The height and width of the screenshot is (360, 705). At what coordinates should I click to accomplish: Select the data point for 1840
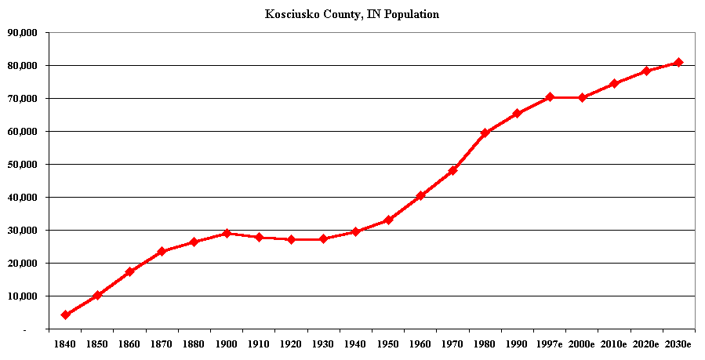click(x=65, y=315)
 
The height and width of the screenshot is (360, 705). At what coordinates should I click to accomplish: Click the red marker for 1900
click(x=227, y=233)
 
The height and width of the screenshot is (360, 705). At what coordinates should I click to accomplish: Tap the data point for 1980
click(x=485, y=133)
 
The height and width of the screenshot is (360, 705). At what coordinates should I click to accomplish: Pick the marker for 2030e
click(x=678, y=63)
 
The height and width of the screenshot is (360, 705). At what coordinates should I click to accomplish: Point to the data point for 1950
click(x=387, y=220)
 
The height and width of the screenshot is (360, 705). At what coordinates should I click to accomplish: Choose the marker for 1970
click(x=452, y=170)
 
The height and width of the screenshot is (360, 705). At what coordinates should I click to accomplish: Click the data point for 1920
click(x=291, y=239)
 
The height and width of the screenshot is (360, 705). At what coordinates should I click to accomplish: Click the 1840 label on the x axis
click(x=65, y=344)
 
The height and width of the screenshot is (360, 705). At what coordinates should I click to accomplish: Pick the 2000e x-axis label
click(x=582, y=344)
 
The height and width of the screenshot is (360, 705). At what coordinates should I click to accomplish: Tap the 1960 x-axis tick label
click(x=420, y=344)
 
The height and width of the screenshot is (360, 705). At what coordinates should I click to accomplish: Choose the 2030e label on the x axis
click(x=678, y=344)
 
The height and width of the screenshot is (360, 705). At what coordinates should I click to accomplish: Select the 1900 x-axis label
click(x=227, y=344)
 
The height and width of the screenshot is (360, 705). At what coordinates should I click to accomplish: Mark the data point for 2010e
click(x=614, y=83)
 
